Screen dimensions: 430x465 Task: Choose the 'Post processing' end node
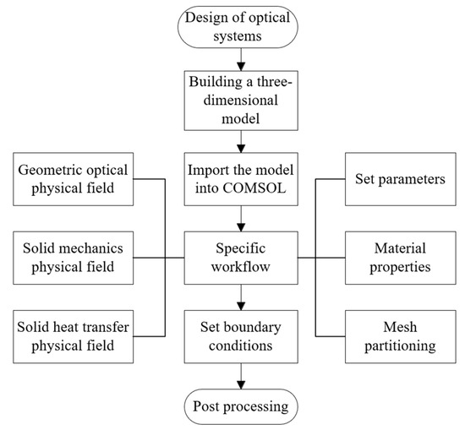(243, 406)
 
